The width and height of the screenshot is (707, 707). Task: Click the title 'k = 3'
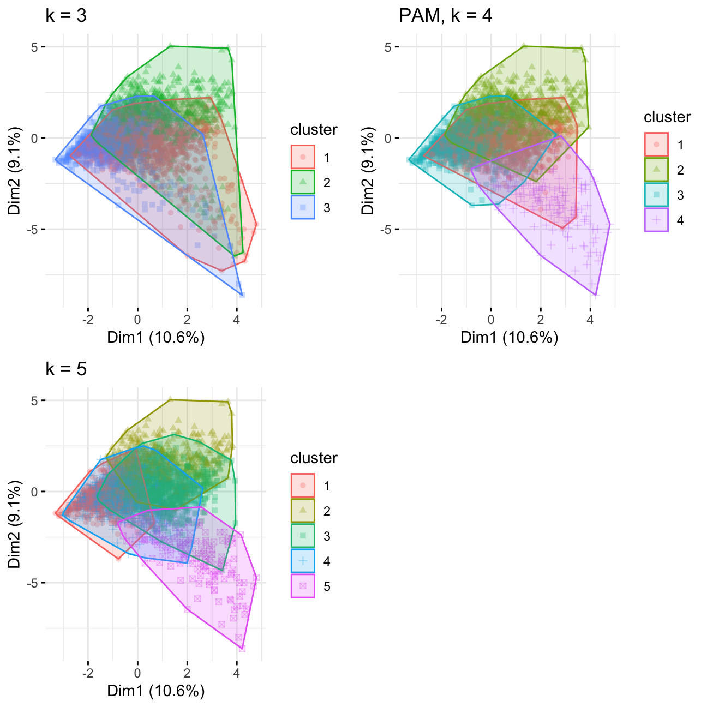66,16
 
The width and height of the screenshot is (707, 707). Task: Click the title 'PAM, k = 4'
445,16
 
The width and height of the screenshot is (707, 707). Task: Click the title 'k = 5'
66,369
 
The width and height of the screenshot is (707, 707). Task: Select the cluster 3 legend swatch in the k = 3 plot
303,207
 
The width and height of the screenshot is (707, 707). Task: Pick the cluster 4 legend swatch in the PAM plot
656,220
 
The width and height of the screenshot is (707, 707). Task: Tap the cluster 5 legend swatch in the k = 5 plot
303,586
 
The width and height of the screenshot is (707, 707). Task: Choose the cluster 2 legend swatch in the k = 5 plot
303,511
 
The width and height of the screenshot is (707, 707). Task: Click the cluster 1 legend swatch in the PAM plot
656,145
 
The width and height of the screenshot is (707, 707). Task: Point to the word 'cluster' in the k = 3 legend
314,130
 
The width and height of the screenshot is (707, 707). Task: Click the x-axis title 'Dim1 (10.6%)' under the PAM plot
509,338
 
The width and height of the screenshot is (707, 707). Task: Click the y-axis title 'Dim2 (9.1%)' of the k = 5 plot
15,524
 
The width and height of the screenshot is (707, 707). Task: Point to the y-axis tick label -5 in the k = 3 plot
34,230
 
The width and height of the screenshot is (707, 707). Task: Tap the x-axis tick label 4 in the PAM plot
590,320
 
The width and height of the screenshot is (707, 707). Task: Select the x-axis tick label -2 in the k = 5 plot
88,673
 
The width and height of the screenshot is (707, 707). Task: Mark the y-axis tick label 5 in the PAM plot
388,47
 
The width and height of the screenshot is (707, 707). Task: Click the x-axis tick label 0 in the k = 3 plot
137,320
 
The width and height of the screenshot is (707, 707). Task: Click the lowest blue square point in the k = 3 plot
242,295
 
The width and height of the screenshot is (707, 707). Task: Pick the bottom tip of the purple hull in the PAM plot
596,295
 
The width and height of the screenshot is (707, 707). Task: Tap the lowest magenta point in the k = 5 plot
242,649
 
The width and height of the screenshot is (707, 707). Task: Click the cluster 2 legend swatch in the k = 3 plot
303,182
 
